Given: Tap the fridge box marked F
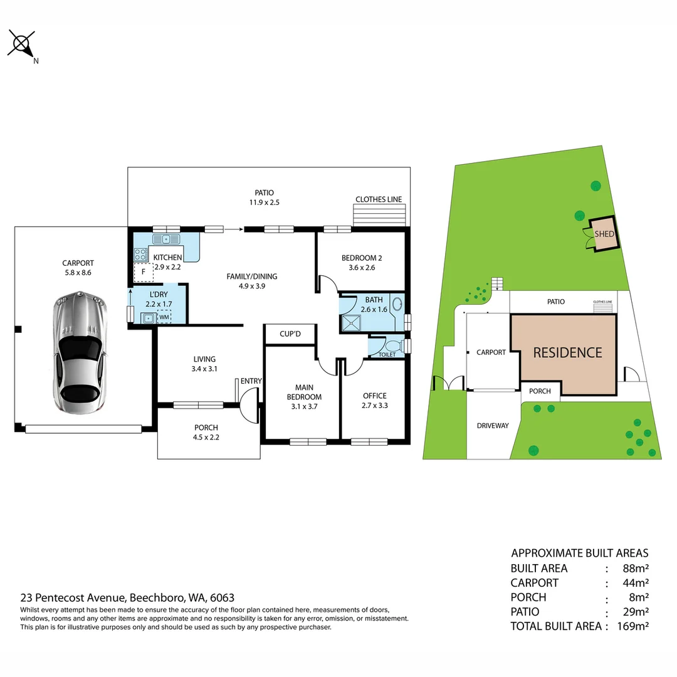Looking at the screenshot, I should pos(144,273).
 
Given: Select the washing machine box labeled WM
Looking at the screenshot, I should pos(164,318).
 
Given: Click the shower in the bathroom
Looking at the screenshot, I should pos(353,323).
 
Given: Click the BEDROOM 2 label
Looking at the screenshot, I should pos(362,258).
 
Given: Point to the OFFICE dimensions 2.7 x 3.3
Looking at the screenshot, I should pos(374,406).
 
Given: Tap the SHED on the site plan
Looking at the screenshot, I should pos(604,234).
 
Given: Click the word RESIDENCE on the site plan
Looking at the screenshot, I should pos(567,353).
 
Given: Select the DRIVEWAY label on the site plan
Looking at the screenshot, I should pos(492,426).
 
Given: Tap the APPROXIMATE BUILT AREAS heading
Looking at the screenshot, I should pos(580,553).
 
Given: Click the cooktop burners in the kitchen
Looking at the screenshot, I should pos(140,254).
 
